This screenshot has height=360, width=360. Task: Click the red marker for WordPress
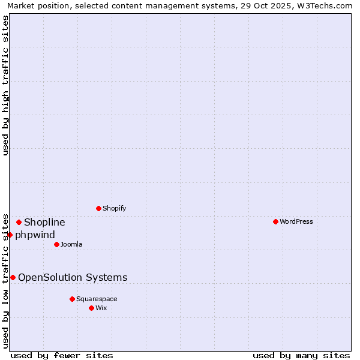click(x=275, y=221)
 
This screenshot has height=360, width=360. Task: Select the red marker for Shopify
click(x=98, y=208)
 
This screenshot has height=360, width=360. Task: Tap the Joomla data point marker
click(x=56, y=244)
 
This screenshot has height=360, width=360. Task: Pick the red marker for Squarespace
click(x=72, y=299)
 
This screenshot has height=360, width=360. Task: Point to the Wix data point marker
click(x=91, y=308)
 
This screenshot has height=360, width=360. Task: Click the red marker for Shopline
click(x=19, y=222)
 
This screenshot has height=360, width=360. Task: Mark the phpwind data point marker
click(x=10, y=235)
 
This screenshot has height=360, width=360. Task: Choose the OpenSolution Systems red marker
click(x=13, y=277)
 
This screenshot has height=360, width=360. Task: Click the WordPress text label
click(x=296, y=221)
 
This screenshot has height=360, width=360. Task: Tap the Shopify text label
click(x=114, y=208)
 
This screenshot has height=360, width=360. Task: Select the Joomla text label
click(x=71, y=244)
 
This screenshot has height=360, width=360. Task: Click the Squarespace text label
click(x=97, y=299)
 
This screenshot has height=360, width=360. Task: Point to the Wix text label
click(x=101, y=308)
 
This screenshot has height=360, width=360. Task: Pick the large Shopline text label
click(x=44, y=222)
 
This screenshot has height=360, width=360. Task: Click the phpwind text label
click(x=35, y=235)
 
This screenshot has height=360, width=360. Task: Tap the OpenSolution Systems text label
click(x=73, y=277)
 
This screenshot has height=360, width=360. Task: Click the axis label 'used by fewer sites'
click(x=62, y=355)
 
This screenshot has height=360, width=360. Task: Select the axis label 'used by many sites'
click(x=301, y=355)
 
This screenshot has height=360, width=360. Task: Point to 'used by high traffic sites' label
click(x=6, y=85)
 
